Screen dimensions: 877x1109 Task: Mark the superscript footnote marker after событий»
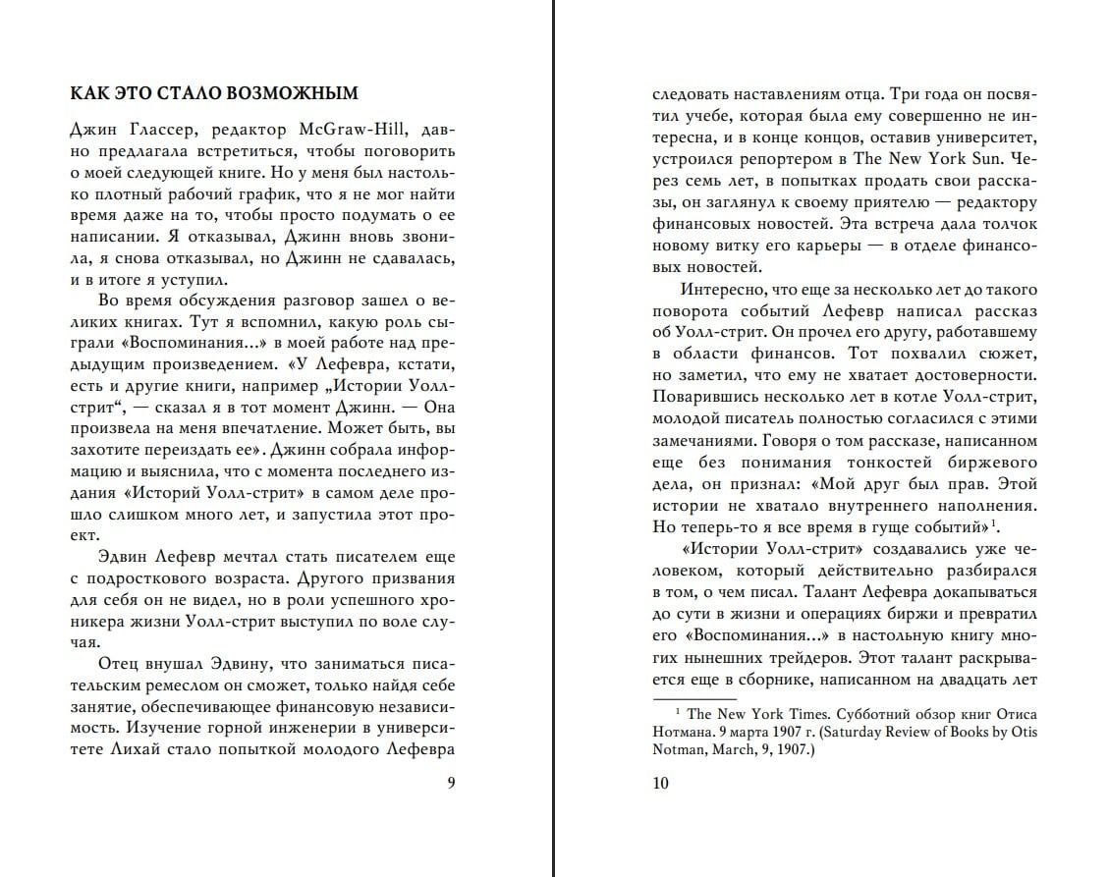tap(994, 522)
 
